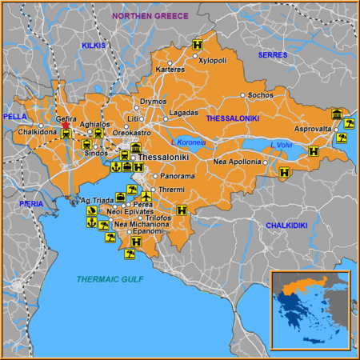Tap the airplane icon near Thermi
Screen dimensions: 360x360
pos(146,196)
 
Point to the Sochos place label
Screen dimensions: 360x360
pos(261,95)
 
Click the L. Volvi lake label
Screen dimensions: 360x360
pos(281,145)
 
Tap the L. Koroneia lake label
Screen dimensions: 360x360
pos(188,142)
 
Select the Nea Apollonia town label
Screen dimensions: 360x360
pos(237,162)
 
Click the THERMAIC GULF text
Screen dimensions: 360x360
pos(110,278)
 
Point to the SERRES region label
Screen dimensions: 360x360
pos(272,54)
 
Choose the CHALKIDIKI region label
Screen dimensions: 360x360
pos(286,226)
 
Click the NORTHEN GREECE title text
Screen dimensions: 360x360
pos(150,16)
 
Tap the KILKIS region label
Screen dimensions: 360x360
pos(93,46)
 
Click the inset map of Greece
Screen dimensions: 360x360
pos(310,309)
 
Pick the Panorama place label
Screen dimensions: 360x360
pos(177,176)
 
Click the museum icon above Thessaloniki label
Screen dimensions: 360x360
pos(137,149)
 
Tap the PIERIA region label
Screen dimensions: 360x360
pos(31,204)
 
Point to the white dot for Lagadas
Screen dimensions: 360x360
pos(166,119)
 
